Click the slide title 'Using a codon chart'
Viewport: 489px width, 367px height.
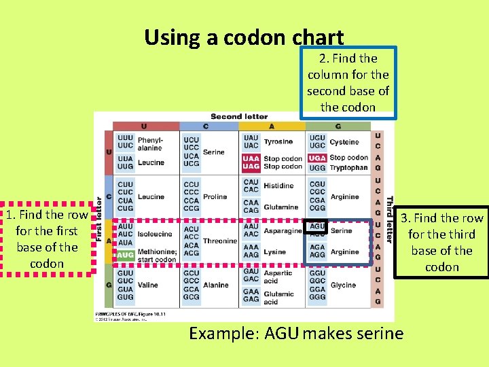coord(244,37)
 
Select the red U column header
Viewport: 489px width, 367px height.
coord(143,126)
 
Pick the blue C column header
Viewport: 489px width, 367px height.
coord(206,126)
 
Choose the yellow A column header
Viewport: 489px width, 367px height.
coord(271,126)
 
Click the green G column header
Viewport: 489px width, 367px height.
coord(338,126)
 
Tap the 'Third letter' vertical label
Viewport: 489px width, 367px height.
coord(390,219)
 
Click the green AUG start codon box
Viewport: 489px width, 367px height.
coord(125,255)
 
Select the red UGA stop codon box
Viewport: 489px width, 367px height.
coord(316,158)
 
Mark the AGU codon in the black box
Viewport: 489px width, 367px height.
coord(317,226)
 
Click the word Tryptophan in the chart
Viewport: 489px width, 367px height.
coord(349,167)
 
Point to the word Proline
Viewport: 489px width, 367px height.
coord(215,196)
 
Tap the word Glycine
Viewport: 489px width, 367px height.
coord(343,285)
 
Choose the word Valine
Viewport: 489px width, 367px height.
coord(149,285)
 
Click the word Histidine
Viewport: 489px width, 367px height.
coord(278,186)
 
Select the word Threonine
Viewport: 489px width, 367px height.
coord(219,241)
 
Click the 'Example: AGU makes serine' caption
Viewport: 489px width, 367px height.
coord(295,334)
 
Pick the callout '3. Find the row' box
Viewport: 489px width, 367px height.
coord(441,242)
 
